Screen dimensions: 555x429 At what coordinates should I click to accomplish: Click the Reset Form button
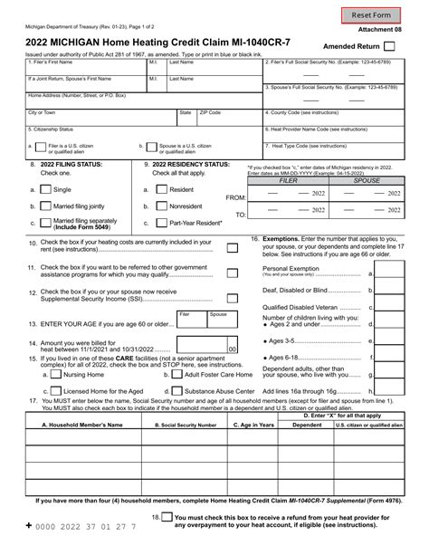(371, 14)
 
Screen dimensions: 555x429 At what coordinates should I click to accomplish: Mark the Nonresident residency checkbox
(157, 206)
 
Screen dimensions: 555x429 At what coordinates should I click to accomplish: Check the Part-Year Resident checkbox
(157, 224)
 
